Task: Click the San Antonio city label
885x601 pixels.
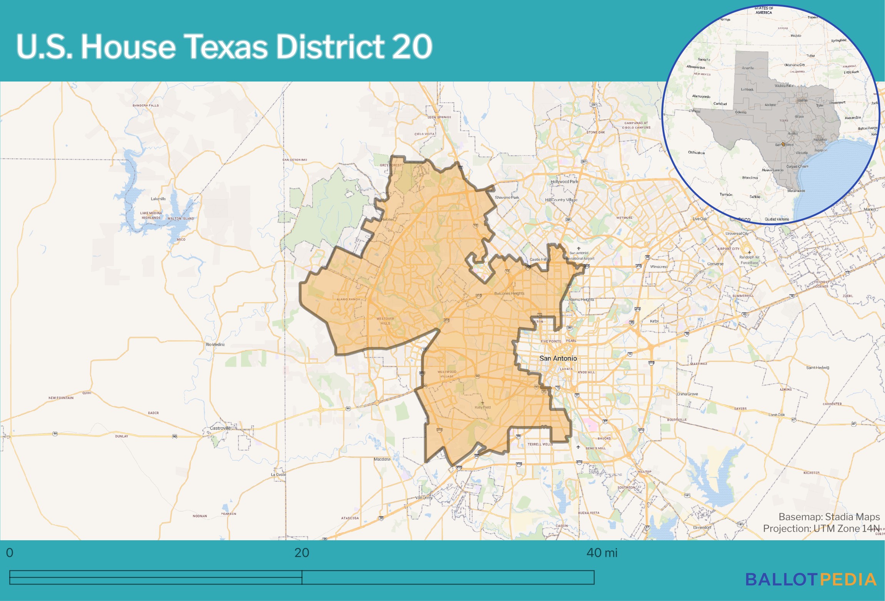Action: pos(558,358)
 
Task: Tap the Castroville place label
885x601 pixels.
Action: pos(220,428)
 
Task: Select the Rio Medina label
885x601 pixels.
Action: pos(215,345)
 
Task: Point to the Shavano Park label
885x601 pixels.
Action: pos(507,198)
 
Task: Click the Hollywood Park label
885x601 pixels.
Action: pos(564,182)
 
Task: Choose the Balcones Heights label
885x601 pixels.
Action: pos(509,293)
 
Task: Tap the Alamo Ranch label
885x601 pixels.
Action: pos(348,299)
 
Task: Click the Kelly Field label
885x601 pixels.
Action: pos(482,407)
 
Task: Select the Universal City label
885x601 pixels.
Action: pos(737,233)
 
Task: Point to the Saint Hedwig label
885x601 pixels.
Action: pos(817,368)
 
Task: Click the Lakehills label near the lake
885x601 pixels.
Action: pos(158,199)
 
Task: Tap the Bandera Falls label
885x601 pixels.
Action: pos(146,105)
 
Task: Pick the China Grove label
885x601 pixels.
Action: pos(687,394)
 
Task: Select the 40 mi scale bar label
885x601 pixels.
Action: pos(602,553)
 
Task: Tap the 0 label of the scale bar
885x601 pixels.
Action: pos(10,553)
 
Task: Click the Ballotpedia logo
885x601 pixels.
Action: pos(811,579)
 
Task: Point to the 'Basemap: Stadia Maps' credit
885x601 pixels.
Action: pos(829,517)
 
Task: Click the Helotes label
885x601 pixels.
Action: pos(388,220)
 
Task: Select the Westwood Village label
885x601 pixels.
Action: pos(447,374)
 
